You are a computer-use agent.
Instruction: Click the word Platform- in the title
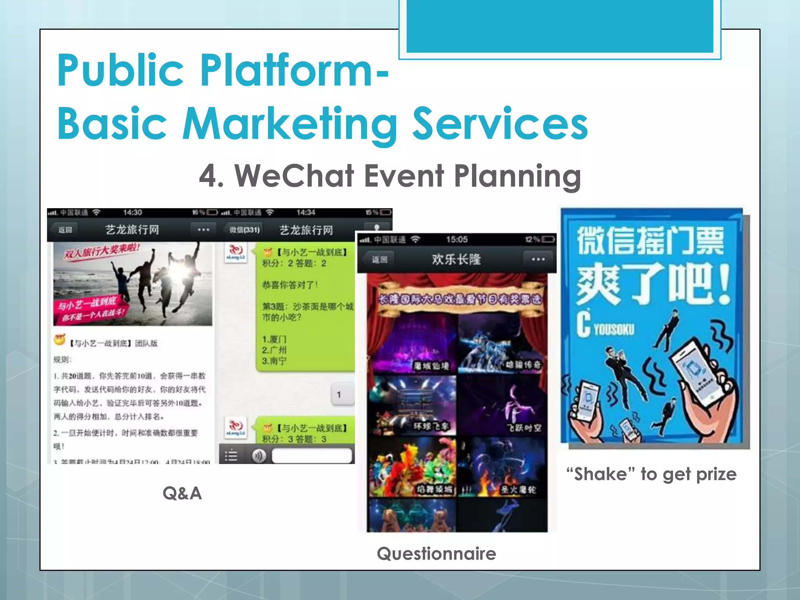pyautogui.click(x=295, y=70)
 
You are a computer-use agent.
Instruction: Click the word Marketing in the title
pyautogui.click(x=290, y=124)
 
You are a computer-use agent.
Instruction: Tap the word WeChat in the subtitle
pyautogui.click(x=295, y=176)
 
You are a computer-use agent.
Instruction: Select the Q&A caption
pyautogui.click(x=182, y=493)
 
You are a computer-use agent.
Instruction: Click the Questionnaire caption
pyautogui.click(x=436, y=554)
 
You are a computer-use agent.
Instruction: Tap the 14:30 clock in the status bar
pyautogui.click(x=132, y=212)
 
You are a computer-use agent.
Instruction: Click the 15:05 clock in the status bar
pyautogui.click(x=457, y=239)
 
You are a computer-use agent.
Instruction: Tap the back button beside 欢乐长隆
pyautogui.click(x=379, y=259)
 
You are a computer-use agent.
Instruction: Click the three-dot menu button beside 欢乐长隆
pyautogui.click(x=538, y=259)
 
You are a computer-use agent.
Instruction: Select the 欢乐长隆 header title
pyautogui.click(x=456, y=259)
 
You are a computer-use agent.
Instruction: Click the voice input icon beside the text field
pyautogui.click(x=259, y=455)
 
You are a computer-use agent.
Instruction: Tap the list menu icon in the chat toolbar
pyautogui.click(x=231, y=455)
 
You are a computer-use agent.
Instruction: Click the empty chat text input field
pyautogui.click(x=312, y=455)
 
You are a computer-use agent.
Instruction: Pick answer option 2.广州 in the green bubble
pyautogui.click(x=274, y=350)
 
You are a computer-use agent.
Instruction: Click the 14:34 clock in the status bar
pyautogui.click(x=305, y=212)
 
